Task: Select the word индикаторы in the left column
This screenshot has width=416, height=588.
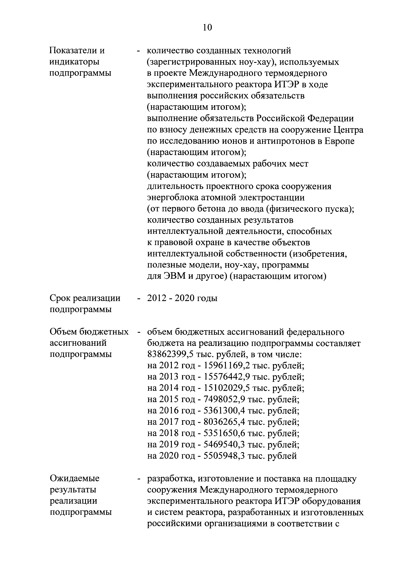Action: pos(74,62)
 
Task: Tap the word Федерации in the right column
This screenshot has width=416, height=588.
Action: pos(330,119)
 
